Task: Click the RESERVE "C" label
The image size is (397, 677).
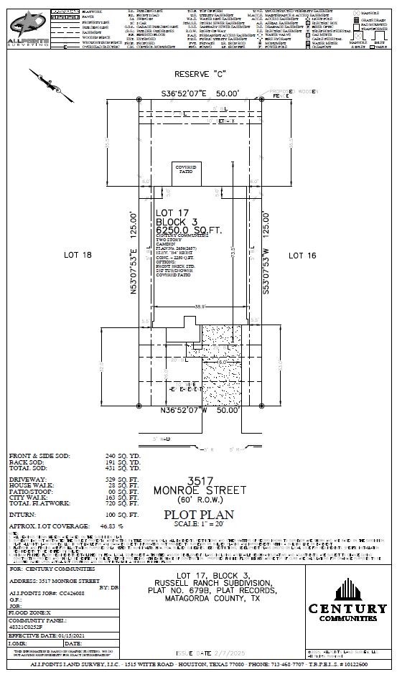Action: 199,75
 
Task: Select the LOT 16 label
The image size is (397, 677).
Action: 302,255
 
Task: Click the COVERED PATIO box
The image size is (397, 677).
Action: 186,171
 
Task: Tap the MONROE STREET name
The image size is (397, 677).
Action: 199,490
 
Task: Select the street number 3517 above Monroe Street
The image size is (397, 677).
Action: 199,480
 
